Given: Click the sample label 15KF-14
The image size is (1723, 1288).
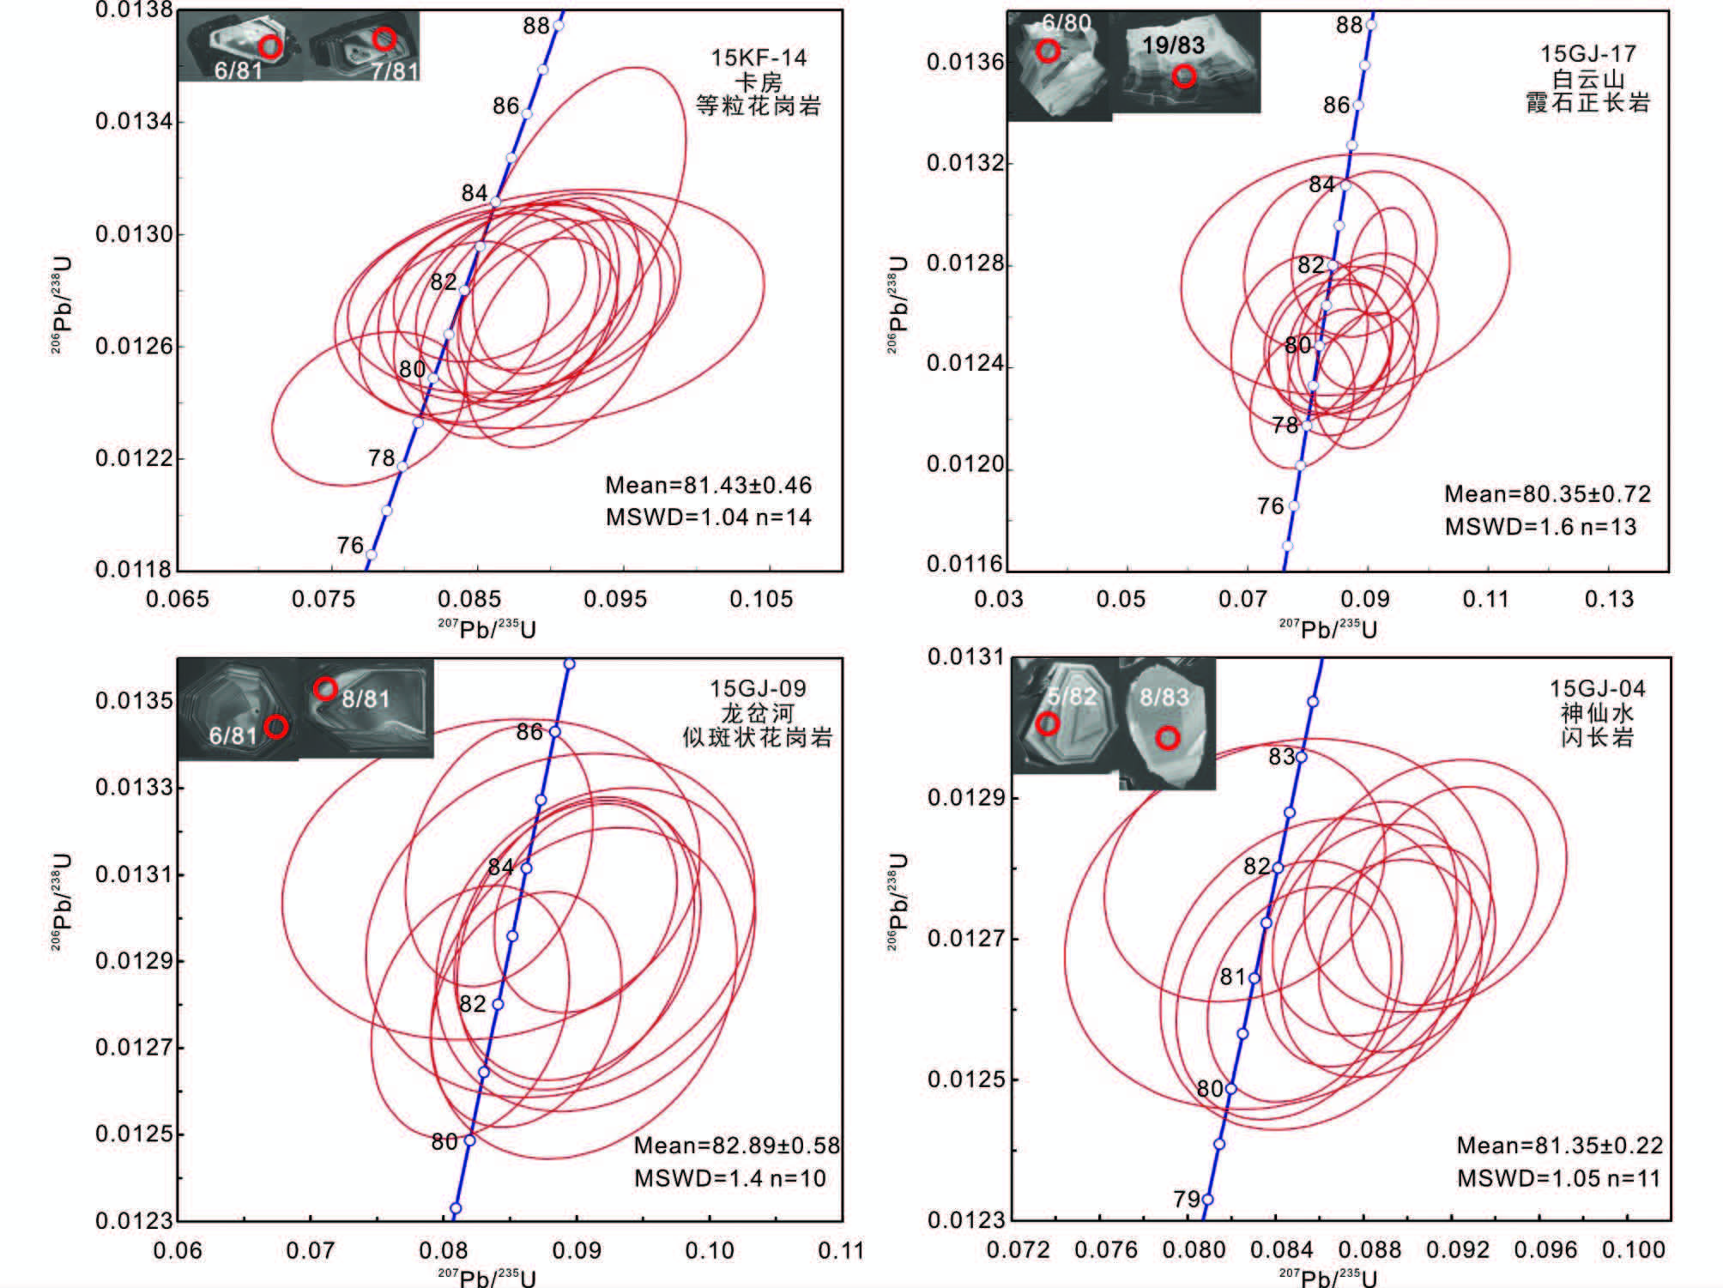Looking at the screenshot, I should coord(759,58).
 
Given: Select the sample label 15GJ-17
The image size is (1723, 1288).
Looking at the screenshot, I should coord(1587,54).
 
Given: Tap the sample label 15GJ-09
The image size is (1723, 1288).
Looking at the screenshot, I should coord(758,689).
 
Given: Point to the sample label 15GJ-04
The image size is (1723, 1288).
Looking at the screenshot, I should coord(1597,689).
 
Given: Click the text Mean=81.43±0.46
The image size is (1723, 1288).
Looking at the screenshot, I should coord(708,486).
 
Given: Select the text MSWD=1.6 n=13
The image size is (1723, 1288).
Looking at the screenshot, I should coord(1540,527).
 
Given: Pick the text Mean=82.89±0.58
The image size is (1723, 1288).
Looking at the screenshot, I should coord(736,1146).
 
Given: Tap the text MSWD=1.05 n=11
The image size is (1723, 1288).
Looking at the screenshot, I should coord(1558,1178).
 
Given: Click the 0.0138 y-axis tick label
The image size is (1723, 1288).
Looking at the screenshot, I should coord(135,10).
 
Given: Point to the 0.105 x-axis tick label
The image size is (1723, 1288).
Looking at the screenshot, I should coord(761,599).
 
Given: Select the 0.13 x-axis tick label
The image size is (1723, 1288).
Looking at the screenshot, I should coord(1609,599).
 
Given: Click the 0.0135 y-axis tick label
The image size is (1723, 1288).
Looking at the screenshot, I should coord(135,700).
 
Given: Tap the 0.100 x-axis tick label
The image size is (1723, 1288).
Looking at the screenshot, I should coord(1633,1249).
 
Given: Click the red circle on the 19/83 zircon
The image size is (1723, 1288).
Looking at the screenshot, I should coord(1184,76).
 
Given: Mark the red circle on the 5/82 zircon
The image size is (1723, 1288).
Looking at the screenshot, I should coord(1047,724).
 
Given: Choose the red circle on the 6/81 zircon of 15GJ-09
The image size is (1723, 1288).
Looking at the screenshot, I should coord(275,727).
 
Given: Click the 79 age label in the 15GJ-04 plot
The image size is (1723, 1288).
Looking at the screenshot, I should coord(1187,1199).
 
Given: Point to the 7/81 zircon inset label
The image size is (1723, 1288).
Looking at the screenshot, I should coord(394,70).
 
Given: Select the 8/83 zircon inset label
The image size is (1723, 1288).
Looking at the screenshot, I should coord(1164,697).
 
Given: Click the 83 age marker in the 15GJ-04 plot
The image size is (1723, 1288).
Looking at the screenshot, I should coord(1301,757).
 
